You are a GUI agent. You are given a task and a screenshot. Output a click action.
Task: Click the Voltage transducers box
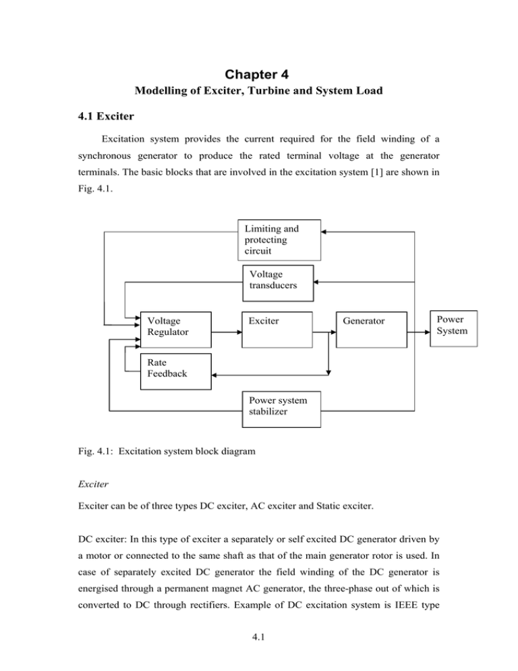pos(278,282)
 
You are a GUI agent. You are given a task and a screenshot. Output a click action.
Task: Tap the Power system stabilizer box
pos(280,408)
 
